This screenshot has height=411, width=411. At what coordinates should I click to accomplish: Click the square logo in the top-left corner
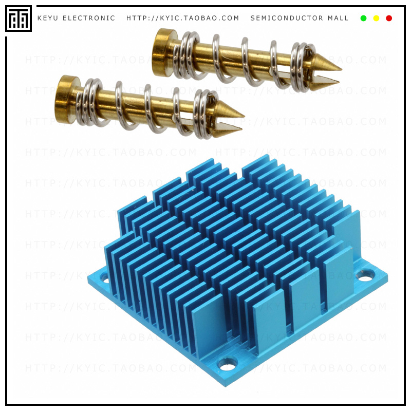(x=18, y=18)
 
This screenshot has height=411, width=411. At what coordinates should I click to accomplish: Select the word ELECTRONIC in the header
(x=89, y=18)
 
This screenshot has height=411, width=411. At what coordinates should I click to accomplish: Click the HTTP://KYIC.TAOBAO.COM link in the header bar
(x=183, y=18)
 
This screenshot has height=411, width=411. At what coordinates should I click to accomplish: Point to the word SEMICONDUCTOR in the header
(x=287, y=18)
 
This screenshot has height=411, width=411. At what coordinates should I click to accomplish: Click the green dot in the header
(x=364, y=18)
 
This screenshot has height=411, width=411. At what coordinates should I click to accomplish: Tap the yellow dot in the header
(x=376, y=18)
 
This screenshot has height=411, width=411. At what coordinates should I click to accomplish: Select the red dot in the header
(x=389, y=18)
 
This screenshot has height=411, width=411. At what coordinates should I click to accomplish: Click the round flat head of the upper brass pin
(x=163, y=52)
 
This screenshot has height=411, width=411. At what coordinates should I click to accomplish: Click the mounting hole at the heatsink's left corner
(x=105, y=278)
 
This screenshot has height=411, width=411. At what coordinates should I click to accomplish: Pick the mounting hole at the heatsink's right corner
(x=365, y=275)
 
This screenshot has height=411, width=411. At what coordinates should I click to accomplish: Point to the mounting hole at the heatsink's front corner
(x=227, y=364)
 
